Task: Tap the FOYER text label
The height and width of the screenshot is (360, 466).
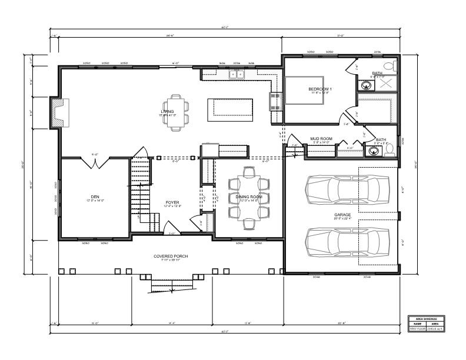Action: (x=172, y=202)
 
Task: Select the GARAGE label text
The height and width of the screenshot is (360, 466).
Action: (x=342, y=215)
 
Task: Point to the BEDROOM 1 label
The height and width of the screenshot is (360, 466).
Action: (x=319, y=89)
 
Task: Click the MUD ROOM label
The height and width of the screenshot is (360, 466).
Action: (x=321, y=139)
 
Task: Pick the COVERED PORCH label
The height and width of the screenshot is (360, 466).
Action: (x=171, y=256)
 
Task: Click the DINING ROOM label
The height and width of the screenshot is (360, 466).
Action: (x=249, y=197)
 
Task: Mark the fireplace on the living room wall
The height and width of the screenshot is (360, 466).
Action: (x=59, y=112)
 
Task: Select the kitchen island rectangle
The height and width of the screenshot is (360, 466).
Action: (x=230, y=110)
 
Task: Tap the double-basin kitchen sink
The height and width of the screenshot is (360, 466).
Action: (x=237, y=74)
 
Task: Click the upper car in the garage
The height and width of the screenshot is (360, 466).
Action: (x=347, y=189)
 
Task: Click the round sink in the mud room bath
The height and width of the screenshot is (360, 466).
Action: (x=372, y=151)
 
